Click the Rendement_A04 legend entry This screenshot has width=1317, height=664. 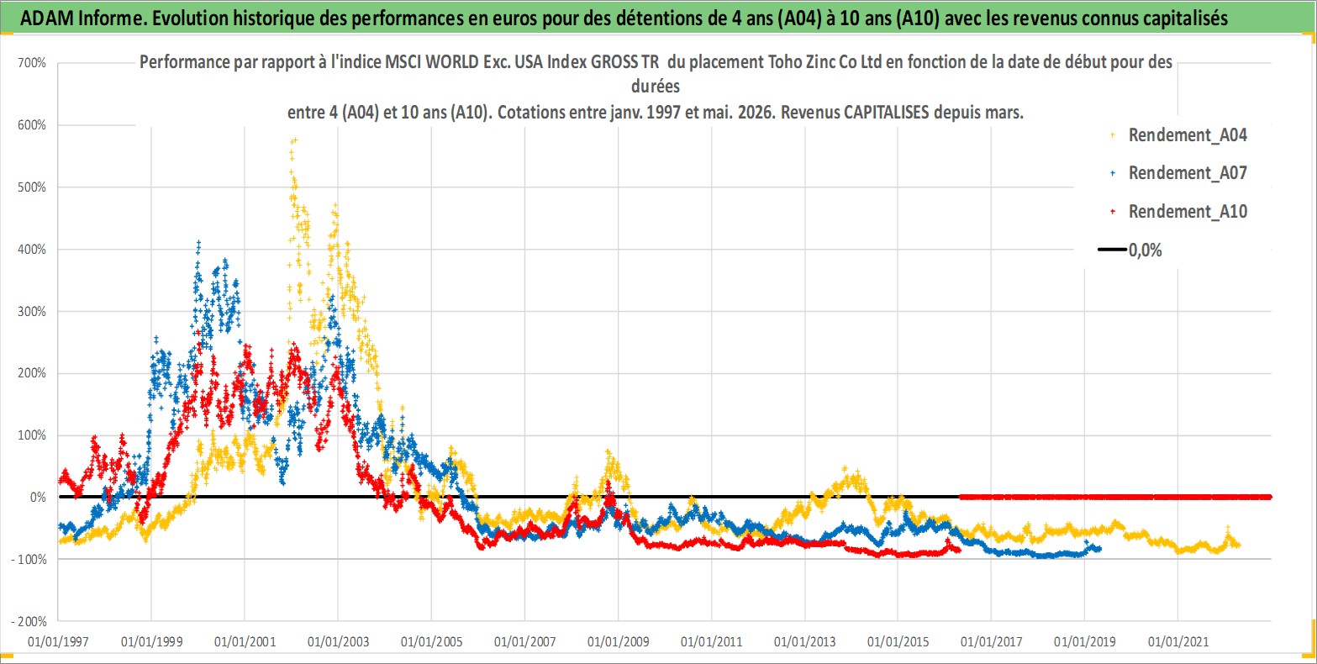point(1178,135)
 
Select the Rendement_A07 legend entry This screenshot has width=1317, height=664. point(1178,173)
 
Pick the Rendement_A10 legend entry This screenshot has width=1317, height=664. point(1178,211)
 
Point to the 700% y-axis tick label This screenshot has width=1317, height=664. point(32,63)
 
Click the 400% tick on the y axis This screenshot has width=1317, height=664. point(32,250)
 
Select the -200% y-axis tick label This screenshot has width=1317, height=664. point(29,621)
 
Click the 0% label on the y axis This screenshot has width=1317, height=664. point(38,498)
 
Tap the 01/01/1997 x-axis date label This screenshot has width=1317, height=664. point(58,641)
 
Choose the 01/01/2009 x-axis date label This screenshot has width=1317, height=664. point(618,641)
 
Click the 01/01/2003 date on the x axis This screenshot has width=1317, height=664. point(338,641)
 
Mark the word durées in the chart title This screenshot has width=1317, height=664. point(655,87)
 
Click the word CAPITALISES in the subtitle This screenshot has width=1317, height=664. point(887,112)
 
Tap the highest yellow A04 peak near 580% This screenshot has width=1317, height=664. point(294,140)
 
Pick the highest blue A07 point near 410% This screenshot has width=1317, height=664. point(198,242)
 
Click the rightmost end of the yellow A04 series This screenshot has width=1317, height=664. point(1239,545)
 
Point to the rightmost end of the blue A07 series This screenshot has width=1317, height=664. point(1099,549)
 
